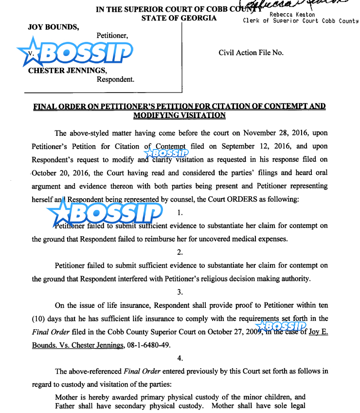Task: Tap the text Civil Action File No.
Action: (x=251, y=53)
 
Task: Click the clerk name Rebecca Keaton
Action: (x=292, y=15)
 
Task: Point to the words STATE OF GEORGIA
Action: (x=179, y=19)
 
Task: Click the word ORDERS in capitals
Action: (x=243, y=199)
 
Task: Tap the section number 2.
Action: (x=180, y=252)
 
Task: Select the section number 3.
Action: (x=180, y=292)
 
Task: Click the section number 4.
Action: (x=180, y=358)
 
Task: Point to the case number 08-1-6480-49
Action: (x=154, y=345)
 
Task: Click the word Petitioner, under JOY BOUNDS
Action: (x=112, y=36)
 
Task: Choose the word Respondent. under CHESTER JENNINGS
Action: (x=115, y=79)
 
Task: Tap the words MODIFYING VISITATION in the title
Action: (x=179, y=115)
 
